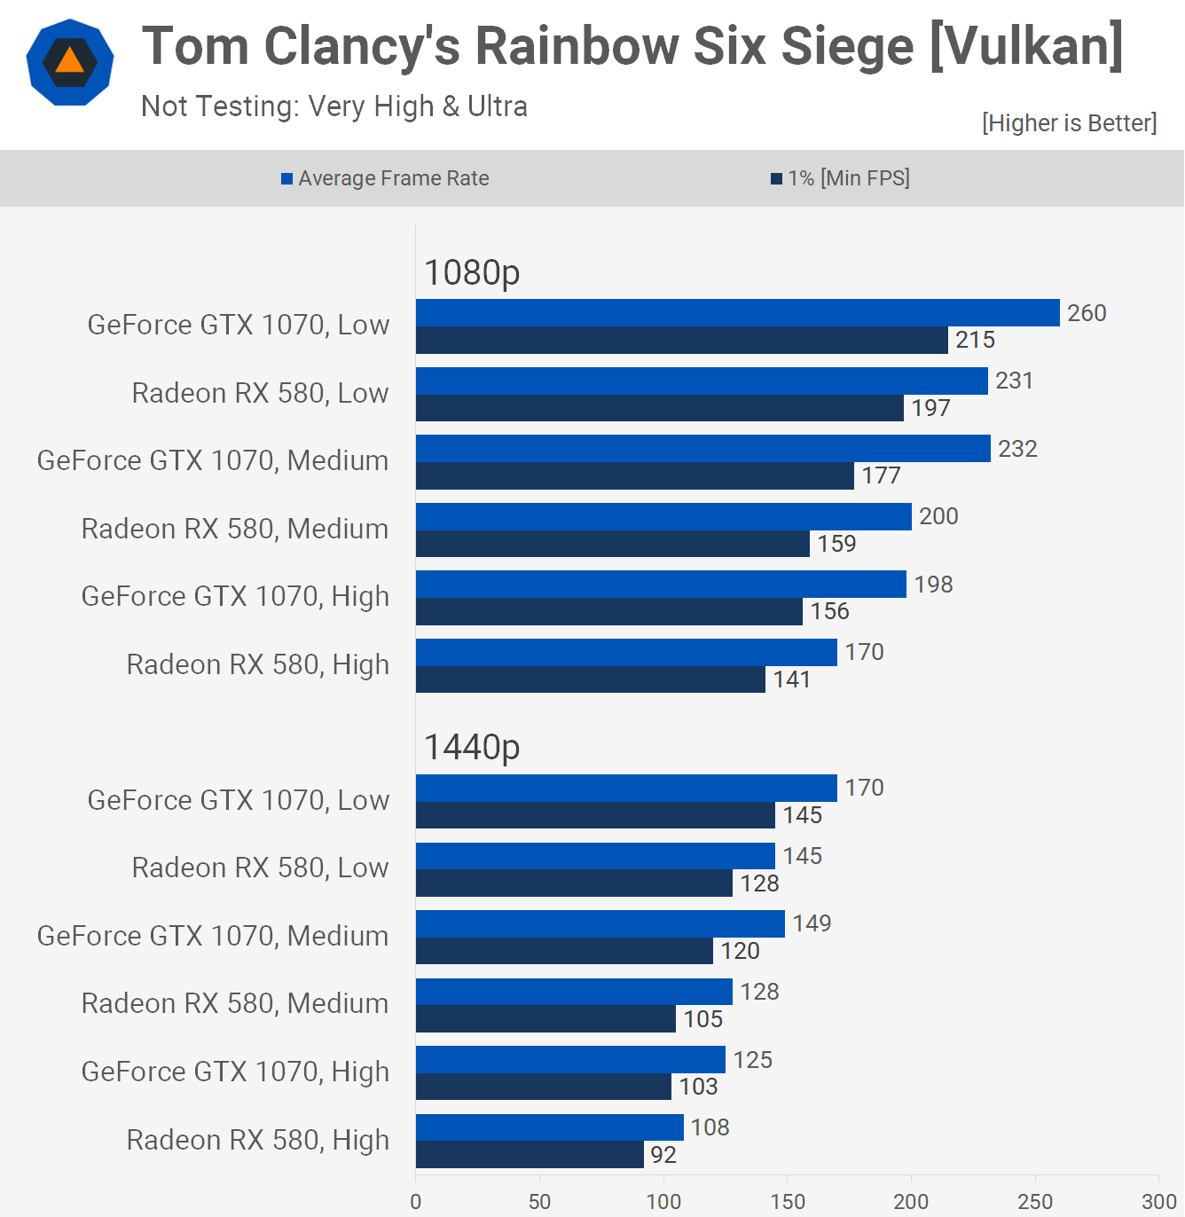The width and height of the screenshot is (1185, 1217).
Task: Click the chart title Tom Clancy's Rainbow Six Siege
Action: click(632, 46)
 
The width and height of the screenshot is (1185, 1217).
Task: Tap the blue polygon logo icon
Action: click(70, 62)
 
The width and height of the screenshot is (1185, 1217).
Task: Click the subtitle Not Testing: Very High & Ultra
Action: click(334, 106)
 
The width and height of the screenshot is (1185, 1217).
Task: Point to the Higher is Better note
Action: click(1069, 122)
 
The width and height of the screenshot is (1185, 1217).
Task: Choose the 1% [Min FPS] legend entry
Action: click(840, 178)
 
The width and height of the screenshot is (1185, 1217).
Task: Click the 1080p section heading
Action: click(472, 272)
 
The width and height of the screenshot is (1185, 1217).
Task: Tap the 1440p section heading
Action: click(472, 747)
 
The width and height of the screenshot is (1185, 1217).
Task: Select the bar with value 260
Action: click(737, 313)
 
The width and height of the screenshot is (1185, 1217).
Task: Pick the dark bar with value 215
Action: click(681, 340)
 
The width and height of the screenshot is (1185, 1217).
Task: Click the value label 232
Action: click(1017, 449)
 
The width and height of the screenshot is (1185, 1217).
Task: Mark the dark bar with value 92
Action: click(530, 1154)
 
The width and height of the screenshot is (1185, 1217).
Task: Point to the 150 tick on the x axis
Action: click(788, 1201)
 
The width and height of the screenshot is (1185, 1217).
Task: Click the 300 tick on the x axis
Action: click(1158, 1201)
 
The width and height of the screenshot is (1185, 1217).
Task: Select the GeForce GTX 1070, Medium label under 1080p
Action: click(213, 460)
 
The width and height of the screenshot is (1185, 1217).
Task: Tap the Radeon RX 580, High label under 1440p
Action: click(258, 1140)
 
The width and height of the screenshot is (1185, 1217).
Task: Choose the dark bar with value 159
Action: click(612, 544)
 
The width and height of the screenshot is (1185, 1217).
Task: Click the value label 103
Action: click(698, 1087)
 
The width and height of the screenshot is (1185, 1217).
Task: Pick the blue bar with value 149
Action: click(600, 923)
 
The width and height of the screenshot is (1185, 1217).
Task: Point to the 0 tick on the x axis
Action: click(416, 1201)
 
